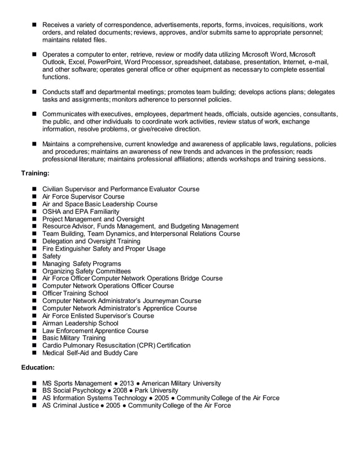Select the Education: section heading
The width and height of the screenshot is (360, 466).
[38, 367]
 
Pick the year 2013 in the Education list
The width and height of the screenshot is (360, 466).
[127, 383]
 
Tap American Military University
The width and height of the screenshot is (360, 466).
[181, 383]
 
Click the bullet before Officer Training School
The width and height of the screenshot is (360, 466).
[35, 293]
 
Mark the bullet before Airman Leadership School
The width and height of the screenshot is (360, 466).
[35, 323]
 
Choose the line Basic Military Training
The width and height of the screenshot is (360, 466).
[74, 338]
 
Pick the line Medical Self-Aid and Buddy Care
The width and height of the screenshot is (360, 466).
[90, 353]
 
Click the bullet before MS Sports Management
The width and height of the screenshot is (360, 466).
[35, 383]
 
